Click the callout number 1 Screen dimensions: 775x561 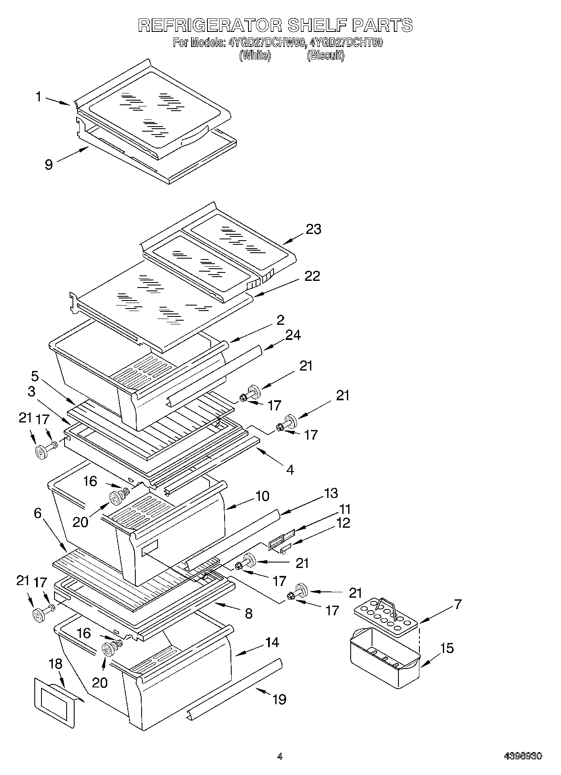[x=39, y=97]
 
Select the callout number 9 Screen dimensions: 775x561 [x=49, y=165]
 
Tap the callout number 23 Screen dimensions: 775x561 [x=313, y=229]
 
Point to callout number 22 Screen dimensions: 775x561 [x=312, y=276]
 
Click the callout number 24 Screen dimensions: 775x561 [x=293, y=335]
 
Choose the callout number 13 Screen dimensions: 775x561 [x=331, y=493]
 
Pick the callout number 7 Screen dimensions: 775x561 [x=458, y=604]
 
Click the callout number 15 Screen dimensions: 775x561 [x=447, y=648]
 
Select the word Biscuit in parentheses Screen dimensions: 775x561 [x=326, y=56]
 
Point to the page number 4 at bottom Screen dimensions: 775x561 [x=280, y=757]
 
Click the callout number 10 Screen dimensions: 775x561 [x=262, y=496]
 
